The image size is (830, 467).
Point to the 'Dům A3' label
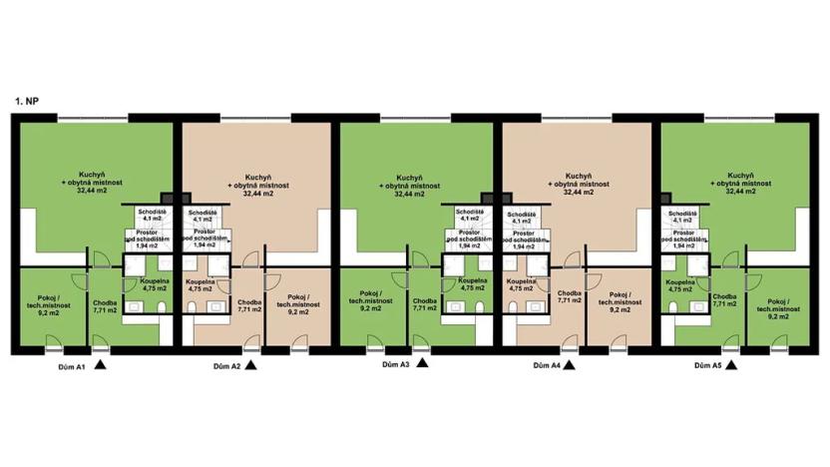[x=397, y=365]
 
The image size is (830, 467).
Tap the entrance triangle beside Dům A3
[x=422, y=365]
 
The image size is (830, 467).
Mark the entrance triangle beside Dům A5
[x=731, y=366]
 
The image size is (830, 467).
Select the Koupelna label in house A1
[x=154, y=286]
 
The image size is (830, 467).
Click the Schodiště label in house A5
[x=681, y=217]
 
